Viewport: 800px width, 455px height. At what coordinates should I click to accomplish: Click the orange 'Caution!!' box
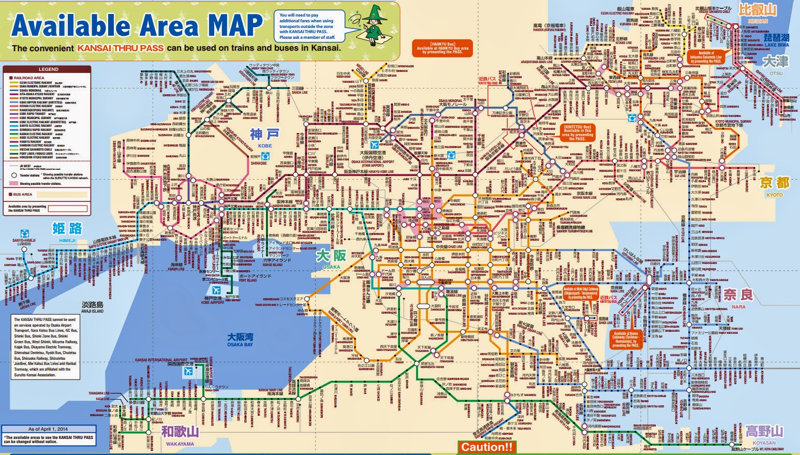point(486,447)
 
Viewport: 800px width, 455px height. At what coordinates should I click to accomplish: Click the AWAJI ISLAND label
point(92,307)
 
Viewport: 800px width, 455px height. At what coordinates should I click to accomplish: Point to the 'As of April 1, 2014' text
point(48,429)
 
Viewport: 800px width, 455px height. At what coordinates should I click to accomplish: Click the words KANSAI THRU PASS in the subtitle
point(121,48)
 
